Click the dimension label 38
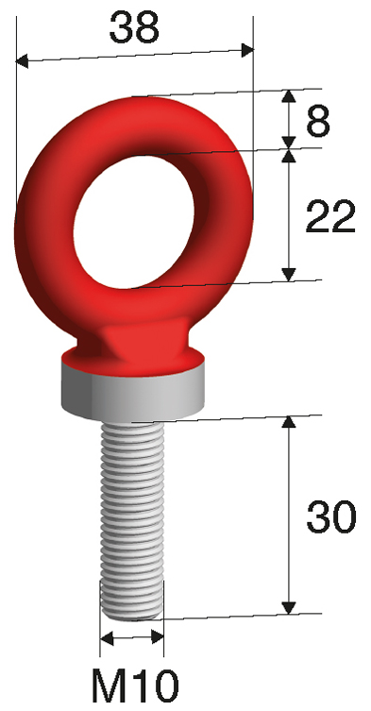tap(133, 27)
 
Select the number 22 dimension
tap(330, 218)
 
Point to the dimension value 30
tap(330, 516)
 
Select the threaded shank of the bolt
tap(132, 510)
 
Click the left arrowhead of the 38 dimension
tap(24, 62)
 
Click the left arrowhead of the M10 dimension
tap(106, 639)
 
